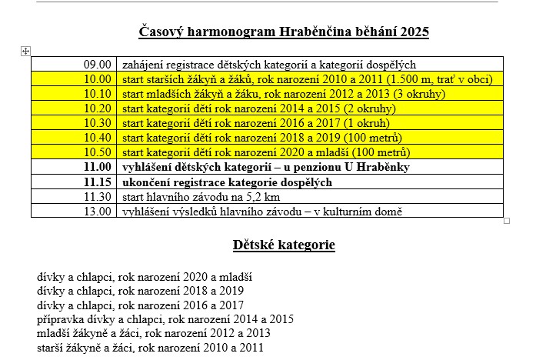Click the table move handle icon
(x=25, y=51)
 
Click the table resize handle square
(x=507, y=221)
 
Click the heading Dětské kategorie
(x=284, y=245)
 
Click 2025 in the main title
(x=413, y=32)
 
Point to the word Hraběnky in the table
(x=385, y=167)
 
